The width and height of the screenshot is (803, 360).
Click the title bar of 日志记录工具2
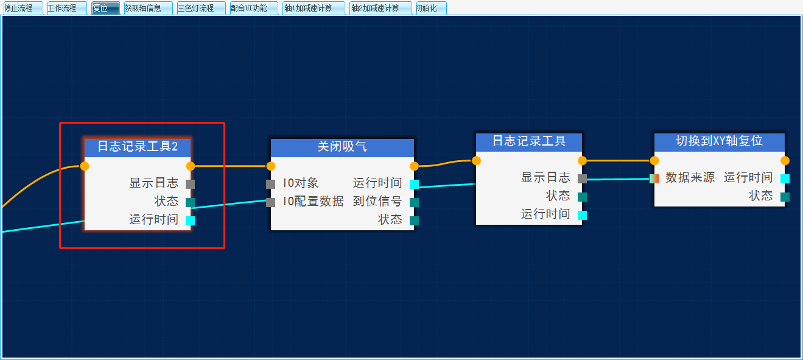point(138,147)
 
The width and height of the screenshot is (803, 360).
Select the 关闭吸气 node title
point(342,147)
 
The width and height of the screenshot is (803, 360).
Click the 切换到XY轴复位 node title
point(719,141)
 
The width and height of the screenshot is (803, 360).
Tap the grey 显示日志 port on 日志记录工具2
point(190,184)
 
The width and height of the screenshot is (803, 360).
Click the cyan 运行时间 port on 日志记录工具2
point(190,221)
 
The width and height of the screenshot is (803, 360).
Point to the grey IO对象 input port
point(271,184)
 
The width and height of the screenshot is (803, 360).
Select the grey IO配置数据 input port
point(271,202)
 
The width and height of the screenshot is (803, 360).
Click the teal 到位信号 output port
point(414,202)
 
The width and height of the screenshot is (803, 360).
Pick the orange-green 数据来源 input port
point(654,178)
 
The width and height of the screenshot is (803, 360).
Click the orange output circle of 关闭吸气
point(414,166)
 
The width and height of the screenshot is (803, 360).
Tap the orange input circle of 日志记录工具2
point(85,166)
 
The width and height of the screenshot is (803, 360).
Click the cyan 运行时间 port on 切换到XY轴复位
point(785,178)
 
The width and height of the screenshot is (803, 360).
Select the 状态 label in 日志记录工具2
point(166,202)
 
